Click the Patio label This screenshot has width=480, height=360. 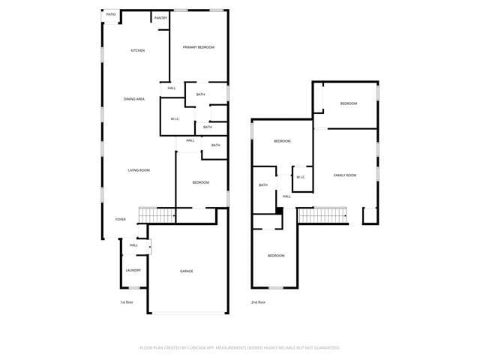[x=111, y=14]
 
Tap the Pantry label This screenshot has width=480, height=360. [x=160, y=17]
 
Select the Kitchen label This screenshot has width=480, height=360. [x=138, y=50]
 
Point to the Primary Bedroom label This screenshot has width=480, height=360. [x=199, y=47]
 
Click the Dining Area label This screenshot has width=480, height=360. [x=134, y=99]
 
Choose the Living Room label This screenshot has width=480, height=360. [x=138, y=170]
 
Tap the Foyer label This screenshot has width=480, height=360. [x=120, y=220]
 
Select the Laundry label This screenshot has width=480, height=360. [x=133, y=270]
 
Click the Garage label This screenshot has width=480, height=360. [x=186, y=271]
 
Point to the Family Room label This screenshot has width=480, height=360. [x=345, y=175]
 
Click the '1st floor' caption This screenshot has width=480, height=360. [x=127, y=302]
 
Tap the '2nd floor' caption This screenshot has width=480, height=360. [x=259, y=302]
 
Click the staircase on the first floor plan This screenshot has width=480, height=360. [x=157, y=215]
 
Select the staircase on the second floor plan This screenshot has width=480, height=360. [x=324, y=216]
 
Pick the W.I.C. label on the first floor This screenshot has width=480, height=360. [x=174, y=118]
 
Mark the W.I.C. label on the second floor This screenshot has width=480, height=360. [x=301, y=177]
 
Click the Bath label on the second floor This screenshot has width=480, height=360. [x=263, y=185]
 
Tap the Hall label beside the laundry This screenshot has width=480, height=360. [x=133, y=245]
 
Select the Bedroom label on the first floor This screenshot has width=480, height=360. [x=200, y=182]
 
